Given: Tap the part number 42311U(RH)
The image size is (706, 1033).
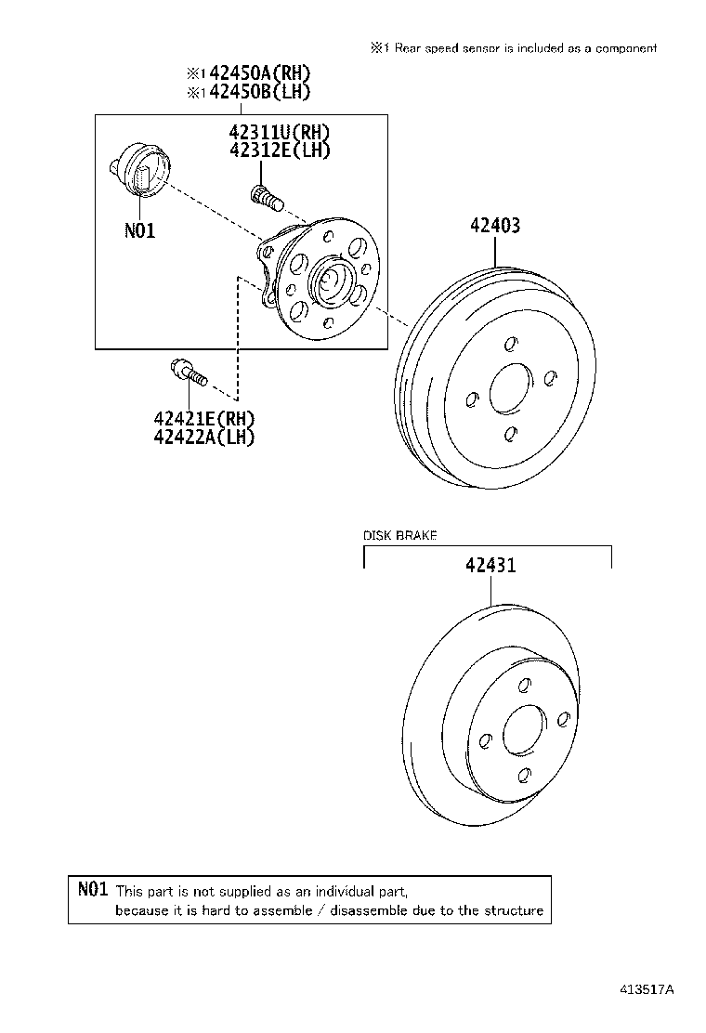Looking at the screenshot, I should (x=279, y=133).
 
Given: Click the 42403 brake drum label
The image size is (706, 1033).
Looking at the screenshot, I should (x=494, y=226).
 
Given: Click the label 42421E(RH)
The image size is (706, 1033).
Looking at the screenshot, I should (x=204, y=420).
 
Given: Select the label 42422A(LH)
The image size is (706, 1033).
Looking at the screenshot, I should (x=204, y=437).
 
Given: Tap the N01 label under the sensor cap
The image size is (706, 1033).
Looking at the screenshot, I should (x=139, y=229).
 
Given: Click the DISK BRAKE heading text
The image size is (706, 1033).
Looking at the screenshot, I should (x=399, y=536).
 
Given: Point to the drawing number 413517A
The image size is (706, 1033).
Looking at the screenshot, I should (x=647, y=990).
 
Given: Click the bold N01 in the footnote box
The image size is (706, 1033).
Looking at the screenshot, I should (x=94, y=890).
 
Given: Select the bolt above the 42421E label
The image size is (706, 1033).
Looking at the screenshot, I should (x=187, y=371).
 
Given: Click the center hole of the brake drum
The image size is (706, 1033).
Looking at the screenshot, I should (x=509, y=388).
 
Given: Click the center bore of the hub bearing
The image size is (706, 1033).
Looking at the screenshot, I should (x=330, y=278).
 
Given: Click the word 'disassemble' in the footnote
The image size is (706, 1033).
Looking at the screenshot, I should (x=370, y=910).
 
